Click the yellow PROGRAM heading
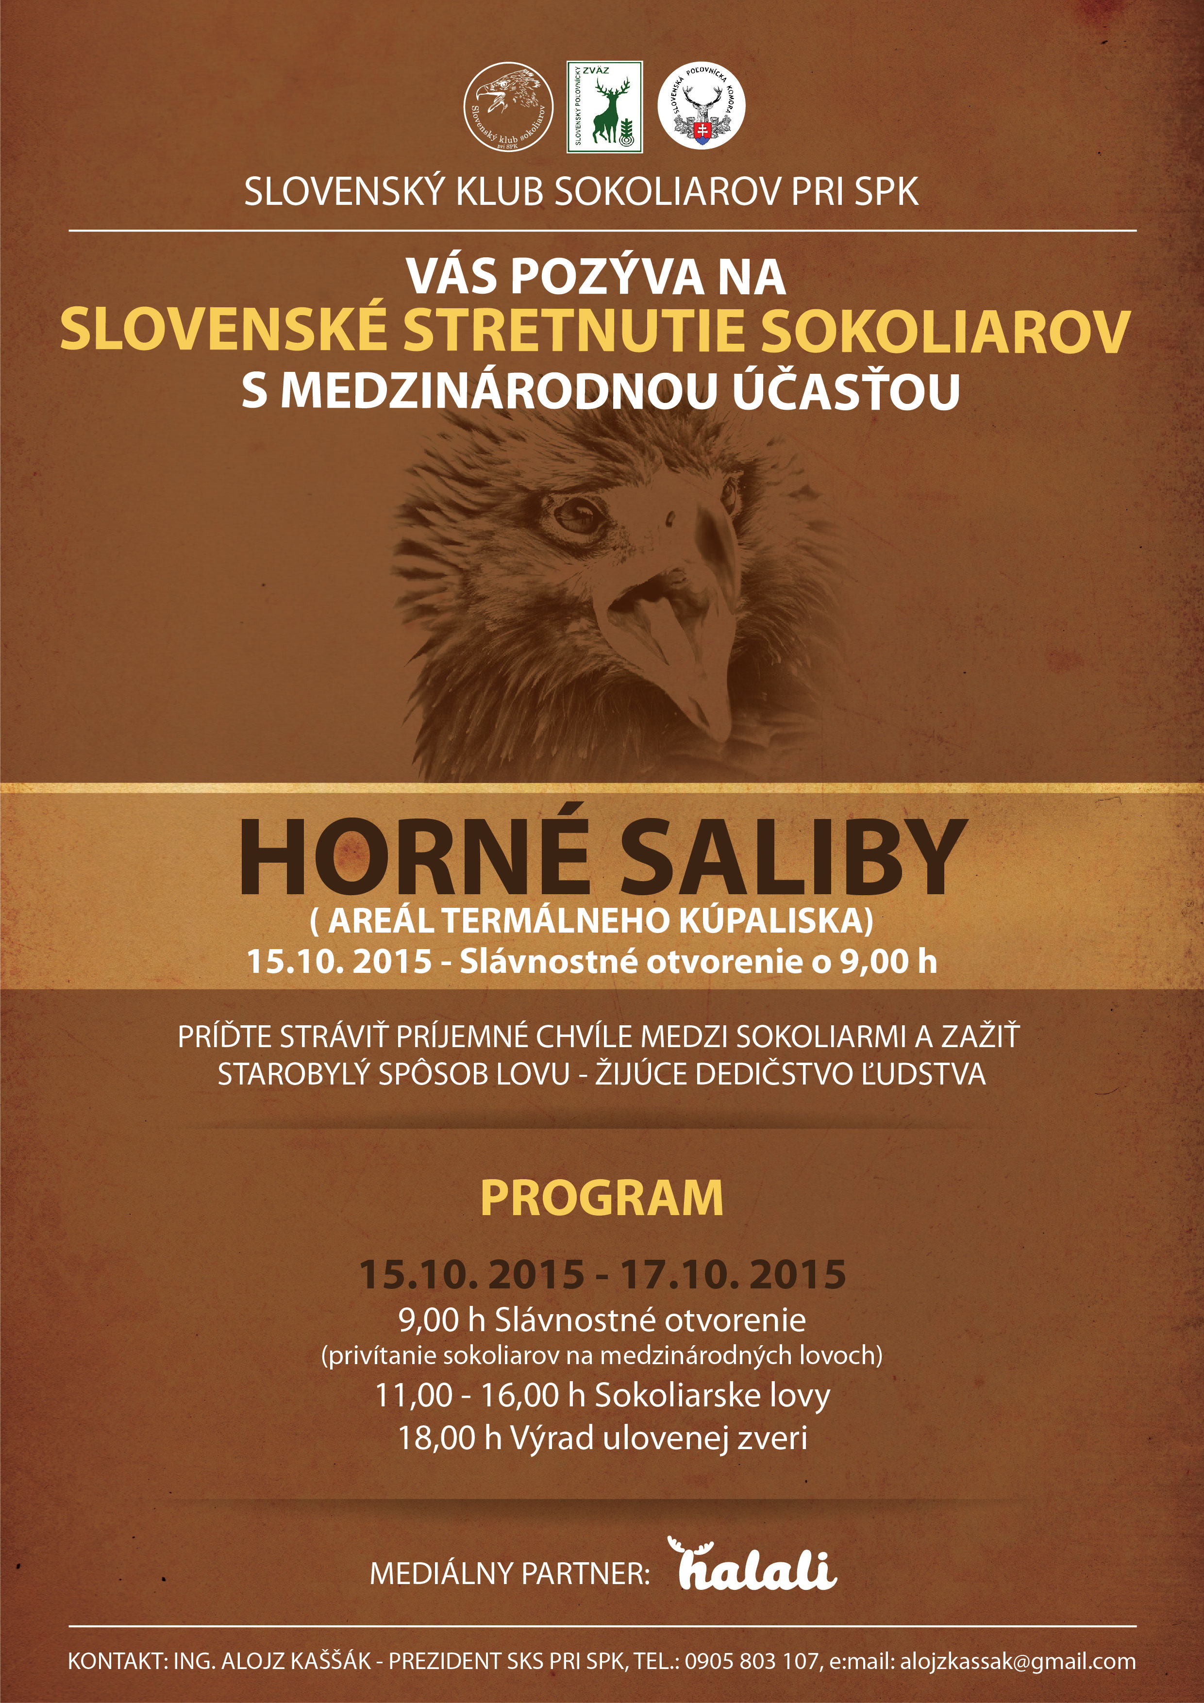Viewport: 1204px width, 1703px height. point(602,1198)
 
